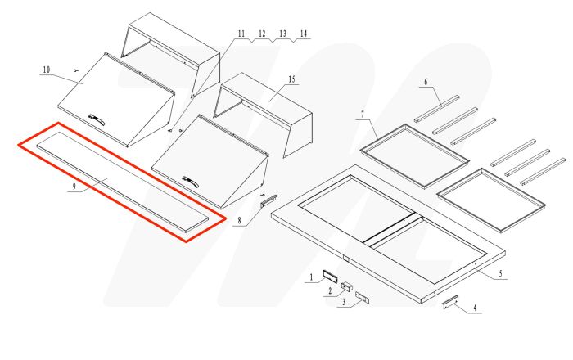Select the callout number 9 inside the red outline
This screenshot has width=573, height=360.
point(73,187)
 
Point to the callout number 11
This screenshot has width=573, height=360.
point(241,34)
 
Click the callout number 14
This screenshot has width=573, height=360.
point(304,34)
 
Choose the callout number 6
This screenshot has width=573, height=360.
point(426,81)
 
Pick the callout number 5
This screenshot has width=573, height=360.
point(500,275)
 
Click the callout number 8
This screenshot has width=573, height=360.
point(237,219)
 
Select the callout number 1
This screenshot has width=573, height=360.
point(310,278)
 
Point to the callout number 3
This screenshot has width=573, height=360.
point(344,302)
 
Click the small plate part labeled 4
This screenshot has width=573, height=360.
point(450,302)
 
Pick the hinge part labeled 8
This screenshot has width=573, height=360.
point(270,200)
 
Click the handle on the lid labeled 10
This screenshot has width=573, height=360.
point(97,120)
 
